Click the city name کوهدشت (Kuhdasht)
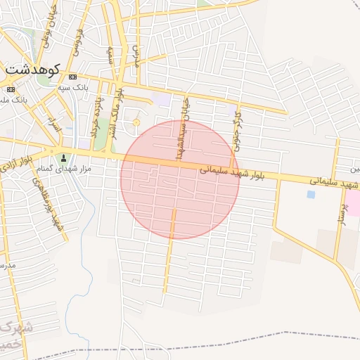coord(34,70)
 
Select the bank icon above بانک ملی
coord(10,90)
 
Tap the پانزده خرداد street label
coord(95,117)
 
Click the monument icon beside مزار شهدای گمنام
coord(65,157)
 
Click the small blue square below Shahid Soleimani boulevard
coord(311,194)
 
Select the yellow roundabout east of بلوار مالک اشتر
coord(136,123)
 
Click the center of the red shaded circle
coord(179,179)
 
